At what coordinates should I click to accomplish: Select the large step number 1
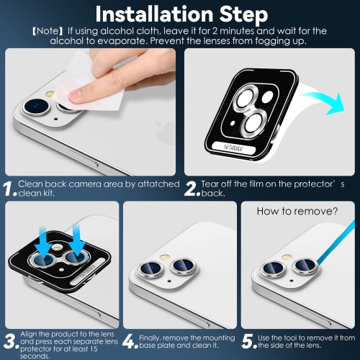click(x=9, y=189)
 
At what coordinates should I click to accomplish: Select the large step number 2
click(x=191, y=189)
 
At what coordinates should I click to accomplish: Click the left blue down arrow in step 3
click(x=42, y=238)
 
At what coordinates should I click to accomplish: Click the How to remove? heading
click(x=297, y=212)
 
